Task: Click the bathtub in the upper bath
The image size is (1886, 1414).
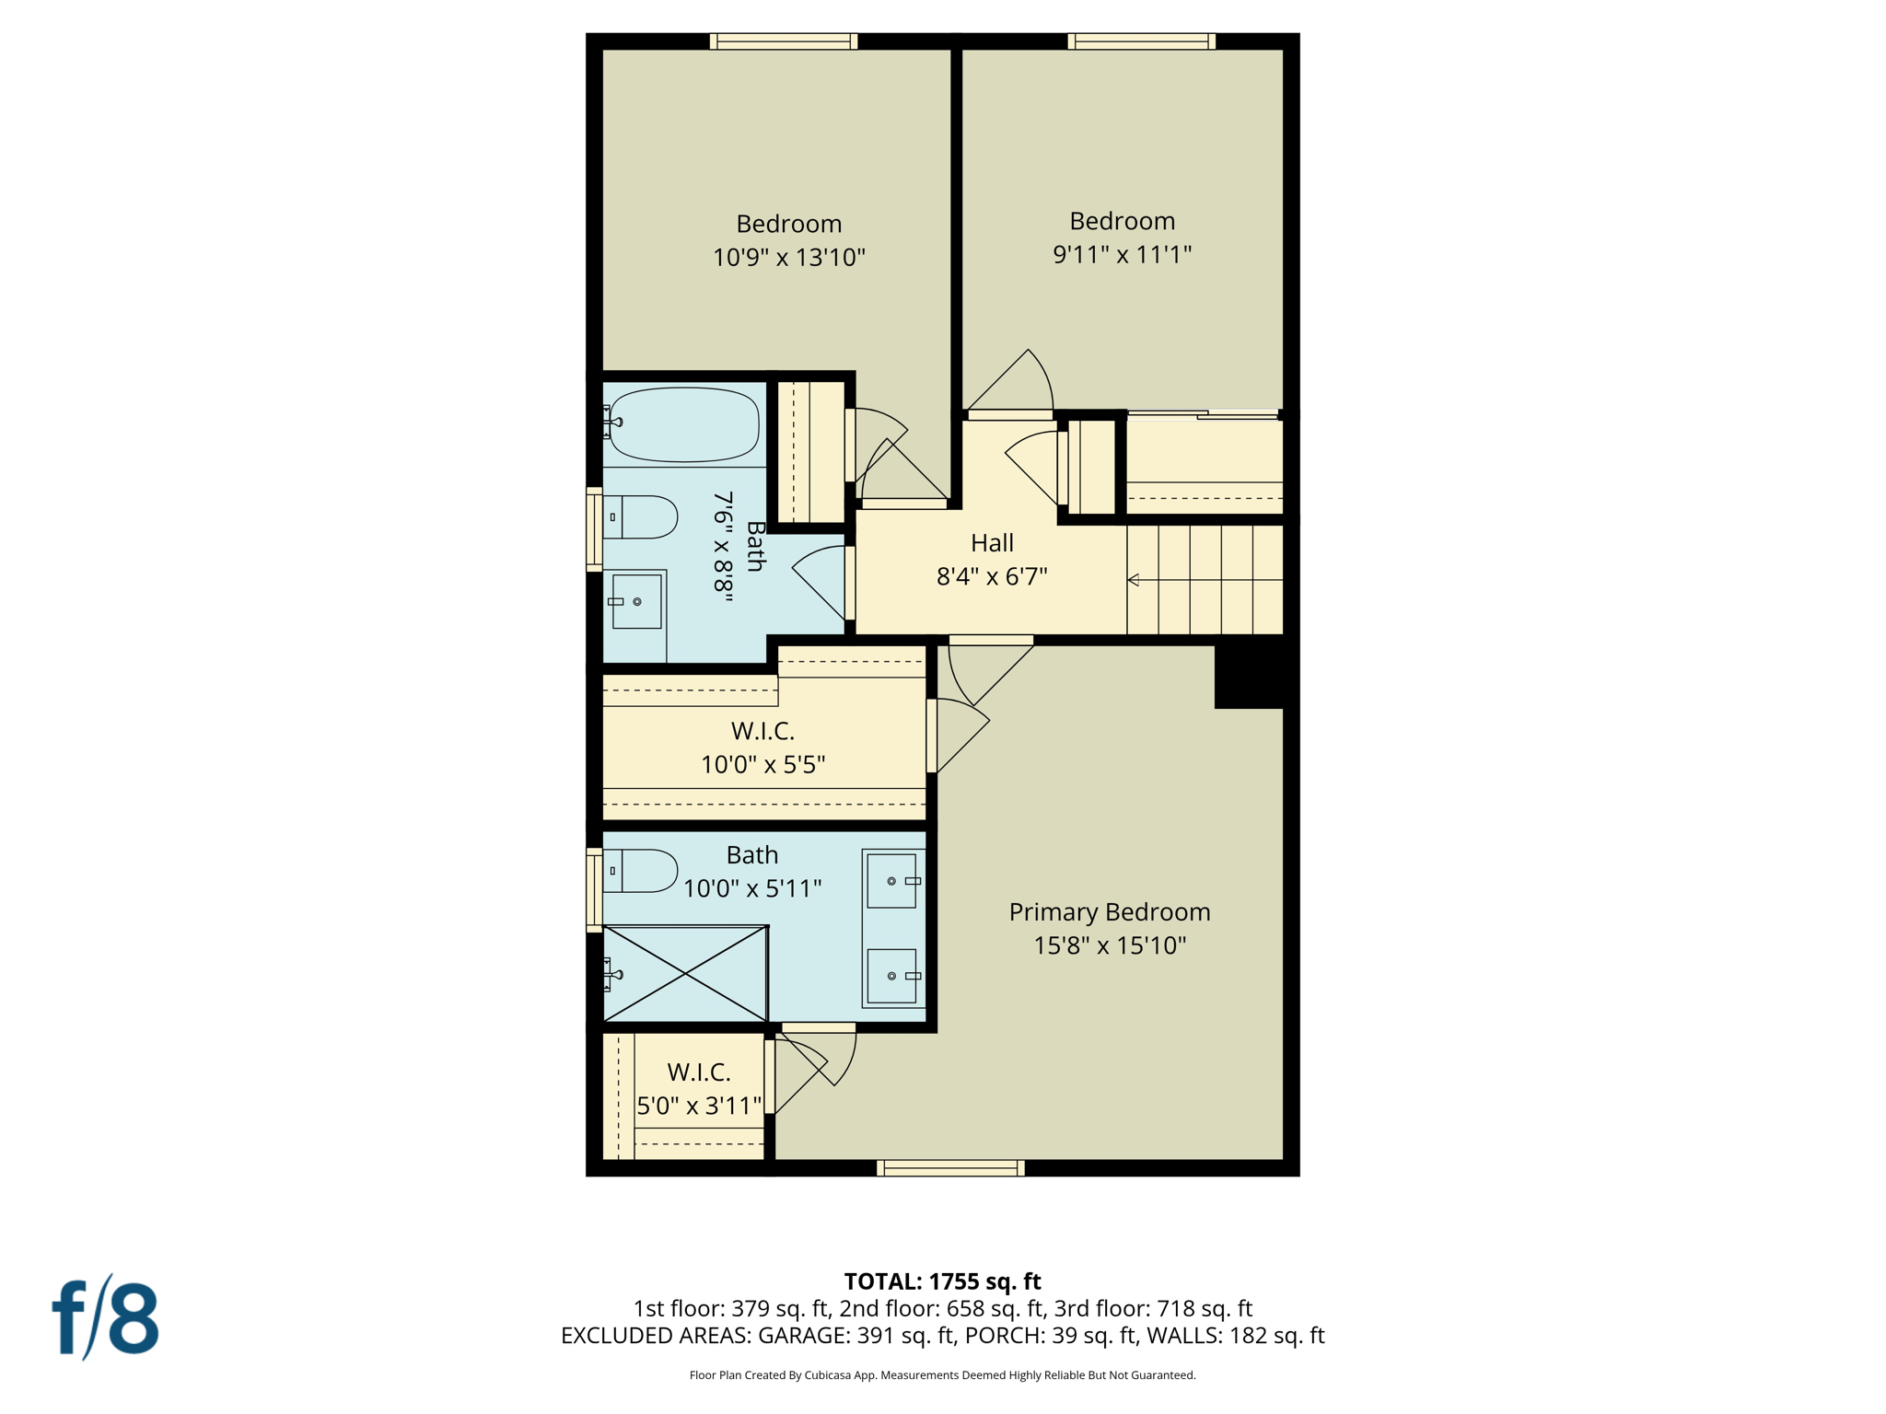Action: tap(683, 424)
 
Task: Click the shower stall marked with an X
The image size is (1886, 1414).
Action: tap(685, 974)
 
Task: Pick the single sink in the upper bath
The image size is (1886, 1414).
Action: tap(636, 602)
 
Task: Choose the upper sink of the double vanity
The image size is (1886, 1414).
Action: tap(892, 881)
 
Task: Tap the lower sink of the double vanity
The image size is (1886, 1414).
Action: tap(892, 976)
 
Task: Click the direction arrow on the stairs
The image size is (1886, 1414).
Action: tap(1135, 580)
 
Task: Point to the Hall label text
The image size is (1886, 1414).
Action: tap(992, 543)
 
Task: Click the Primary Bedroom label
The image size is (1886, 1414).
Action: tap(1109, 912)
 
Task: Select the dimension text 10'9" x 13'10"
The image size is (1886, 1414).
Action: tap(789, 258)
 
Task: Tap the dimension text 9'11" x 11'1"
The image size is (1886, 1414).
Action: tap(1122, 255)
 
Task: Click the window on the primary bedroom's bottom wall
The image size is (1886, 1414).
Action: tap(950, 1168)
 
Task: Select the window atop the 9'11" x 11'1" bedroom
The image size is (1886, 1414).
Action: tap(1141, 41)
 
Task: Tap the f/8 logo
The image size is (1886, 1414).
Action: tap(105, 1316)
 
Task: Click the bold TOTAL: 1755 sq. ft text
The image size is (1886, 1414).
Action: tap(942, 1281)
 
